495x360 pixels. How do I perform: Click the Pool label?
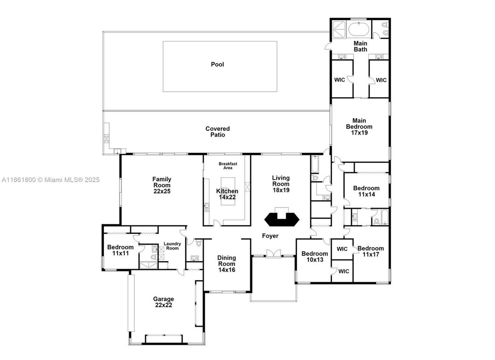pos(218,64)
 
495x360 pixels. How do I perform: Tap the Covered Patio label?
pos(218,132)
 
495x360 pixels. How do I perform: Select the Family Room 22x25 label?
pos(162,185)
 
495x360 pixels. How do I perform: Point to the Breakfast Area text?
pos(228,166)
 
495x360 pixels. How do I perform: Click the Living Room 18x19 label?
pos(281,184)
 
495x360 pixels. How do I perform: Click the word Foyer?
pos(270,236)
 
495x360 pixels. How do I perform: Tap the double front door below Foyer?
pos(273,253)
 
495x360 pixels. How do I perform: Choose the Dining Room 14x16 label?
pos(226,264)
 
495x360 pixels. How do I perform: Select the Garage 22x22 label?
pos(163,302)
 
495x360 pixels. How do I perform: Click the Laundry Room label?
pos(172,246)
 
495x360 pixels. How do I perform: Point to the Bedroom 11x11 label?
pos(120,250)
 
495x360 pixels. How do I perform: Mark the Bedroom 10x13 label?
pos(315,257)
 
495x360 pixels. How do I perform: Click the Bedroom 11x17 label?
pos(371,251)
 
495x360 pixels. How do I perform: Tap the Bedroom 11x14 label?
pos(367,191)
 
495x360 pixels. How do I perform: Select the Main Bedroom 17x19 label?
pos(359,127)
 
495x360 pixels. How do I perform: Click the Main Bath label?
pos(360,47)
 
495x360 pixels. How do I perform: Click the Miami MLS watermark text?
pos(51,180)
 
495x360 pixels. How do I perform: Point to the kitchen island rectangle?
pos(228,191)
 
